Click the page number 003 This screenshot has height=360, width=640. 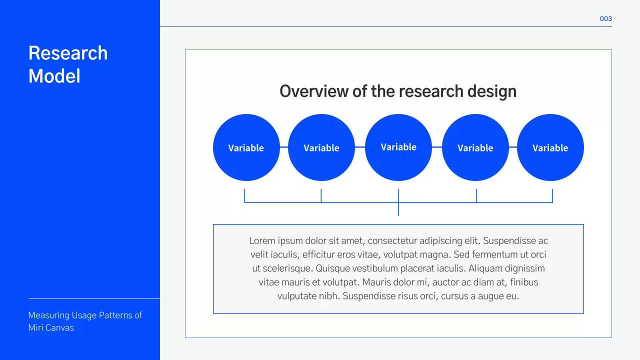605,18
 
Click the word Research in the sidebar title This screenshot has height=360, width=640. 68,53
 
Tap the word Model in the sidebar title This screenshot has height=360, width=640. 54,76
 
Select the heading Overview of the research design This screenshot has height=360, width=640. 397,91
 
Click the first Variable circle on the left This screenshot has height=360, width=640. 246,147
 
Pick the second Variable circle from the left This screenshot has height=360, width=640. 321,147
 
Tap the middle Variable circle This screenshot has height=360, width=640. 398,147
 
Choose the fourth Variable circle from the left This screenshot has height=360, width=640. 475,147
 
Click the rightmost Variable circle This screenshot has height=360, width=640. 550,147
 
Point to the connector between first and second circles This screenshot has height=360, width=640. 284,147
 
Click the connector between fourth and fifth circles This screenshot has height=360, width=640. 513,147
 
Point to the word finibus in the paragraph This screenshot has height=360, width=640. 524,282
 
